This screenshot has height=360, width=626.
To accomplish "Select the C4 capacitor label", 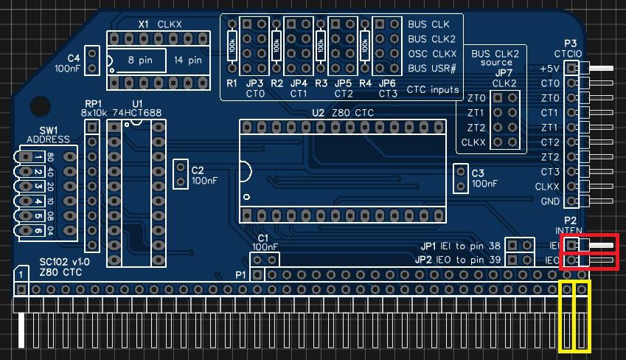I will (73, 58).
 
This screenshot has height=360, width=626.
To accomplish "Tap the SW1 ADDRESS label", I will (47, 134).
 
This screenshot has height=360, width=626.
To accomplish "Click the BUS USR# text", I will (432, 69).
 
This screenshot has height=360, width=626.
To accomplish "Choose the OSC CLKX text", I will (432, 54).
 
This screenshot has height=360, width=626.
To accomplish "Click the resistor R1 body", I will (232, 46).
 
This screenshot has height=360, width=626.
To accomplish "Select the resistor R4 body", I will (365, 46).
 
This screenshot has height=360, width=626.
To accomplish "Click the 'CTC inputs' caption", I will (432, 89).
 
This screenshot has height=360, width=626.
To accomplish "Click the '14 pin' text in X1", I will (188, 60).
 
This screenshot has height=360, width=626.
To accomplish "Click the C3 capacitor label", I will (478, 173).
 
